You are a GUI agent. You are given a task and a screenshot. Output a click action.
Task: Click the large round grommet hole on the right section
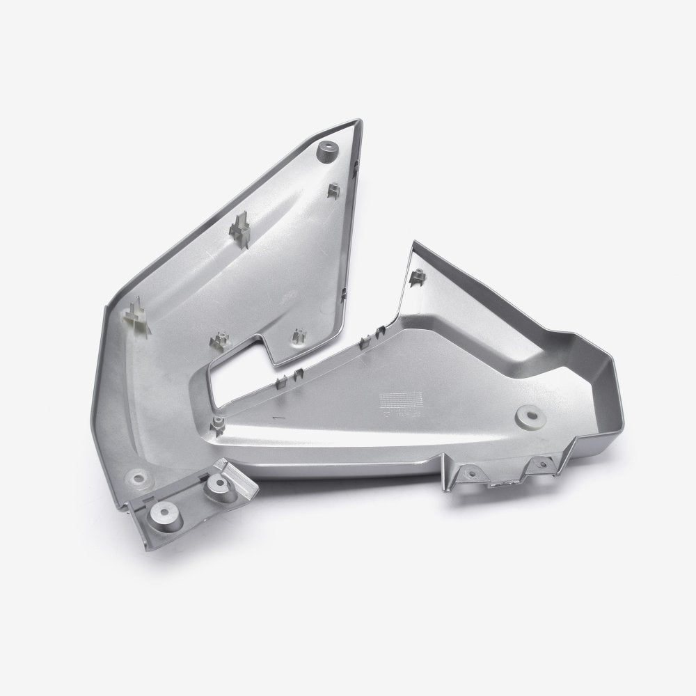(527, 418)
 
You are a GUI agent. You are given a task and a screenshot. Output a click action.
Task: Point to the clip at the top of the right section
(418, 278)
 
